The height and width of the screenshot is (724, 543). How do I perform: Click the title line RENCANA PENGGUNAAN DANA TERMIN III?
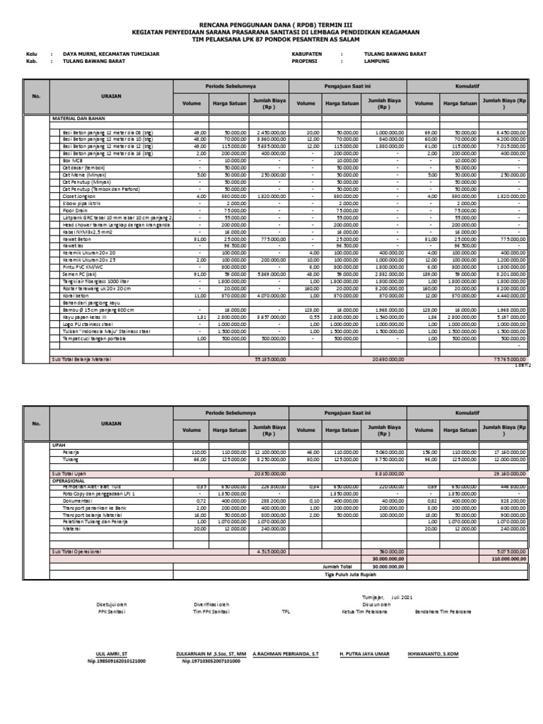271,23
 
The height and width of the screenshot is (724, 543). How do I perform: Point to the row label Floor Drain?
76,210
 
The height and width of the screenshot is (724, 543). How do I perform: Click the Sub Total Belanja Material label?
81,360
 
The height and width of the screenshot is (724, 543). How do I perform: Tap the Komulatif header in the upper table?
467,85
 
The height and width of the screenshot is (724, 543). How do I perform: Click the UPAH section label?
59,445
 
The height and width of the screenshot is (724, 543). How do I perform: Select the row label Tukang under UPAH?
71,459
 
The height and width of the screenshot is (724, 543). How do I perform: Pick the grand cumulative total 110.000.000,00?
504,558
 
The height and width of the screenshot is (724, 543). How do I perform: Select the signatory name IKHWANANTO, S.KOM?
433,654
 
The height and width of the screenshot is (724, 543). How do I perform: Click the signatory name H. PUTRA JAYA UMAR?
365,654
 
